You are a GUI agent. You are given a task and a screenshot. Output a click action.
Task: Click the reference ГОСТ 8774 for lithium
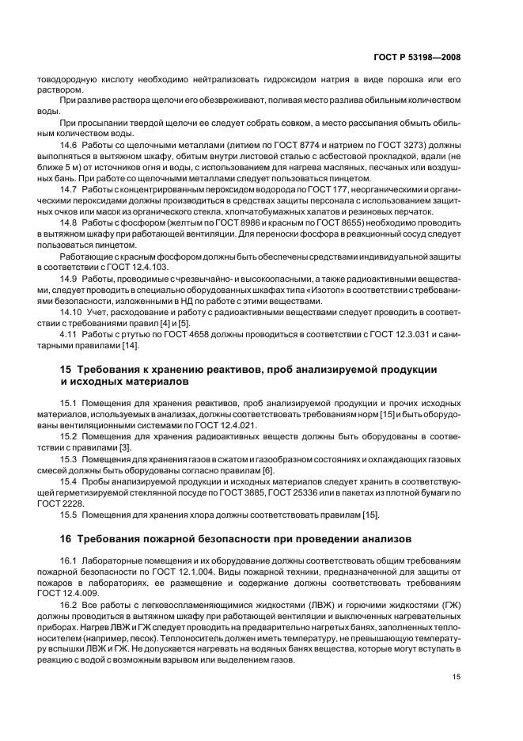(309, 146)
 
